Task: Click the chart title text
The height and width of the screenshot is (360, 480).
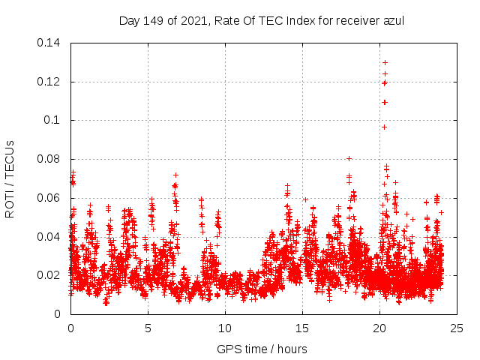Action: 262,20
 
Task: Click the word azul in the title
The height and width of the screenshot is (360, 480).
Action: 392,20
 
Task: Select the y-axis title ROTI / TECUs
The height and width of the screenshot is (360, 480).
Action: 10,178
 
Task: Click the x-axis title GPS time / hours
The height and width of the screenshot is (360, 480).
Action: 262,349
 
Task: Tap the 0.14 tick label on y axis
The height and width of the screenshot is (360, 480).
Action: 50,43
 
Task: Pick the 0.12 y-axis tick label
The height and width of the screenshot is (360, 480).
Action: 50,82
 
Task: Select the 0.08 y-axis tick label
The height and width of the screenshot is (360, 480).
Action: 50,159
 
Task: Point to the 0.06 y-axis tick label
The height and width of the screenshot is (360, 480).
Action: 50,198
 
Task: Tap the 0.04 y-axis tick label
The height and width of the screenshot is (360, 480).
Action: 50,237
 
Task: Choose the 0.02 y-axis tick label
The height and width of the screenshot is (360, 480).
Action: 50,275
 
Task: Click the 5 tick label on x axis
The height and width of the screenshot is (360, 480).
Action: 148,328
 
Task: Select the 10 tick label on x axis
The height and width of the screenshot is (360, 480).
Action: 225,328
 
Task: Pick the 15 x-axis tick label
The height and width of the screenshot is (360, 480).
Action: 302,328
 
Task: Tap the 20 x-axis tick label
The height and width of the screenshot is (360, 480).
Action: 379,328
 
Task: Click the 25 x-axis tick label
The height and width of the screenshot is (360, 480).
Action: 457,328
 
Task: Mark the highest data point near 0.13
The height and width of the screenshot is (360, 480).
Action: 385,62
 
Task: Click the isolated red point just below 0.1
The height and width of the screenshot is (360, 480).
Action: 384,127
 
